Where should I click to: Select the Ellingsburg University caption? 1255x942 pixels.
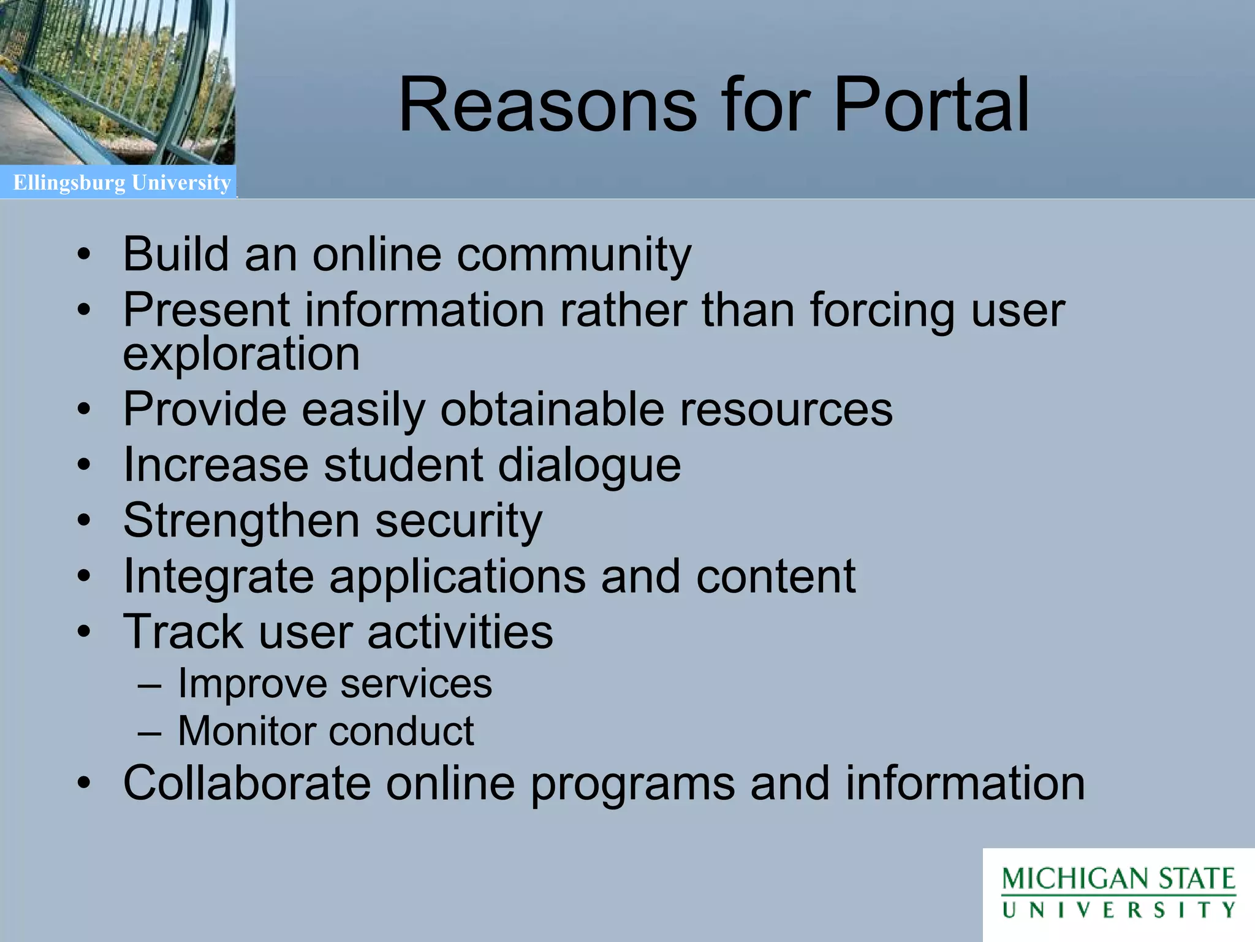click(x=122, y=183)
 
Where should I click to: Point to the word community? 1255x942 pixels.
click(x=574, y=255)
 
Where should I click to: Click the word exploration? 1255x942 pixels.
click(x=241, y=354)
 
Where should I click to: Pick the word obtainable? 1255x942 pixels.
click(x=552, y=409)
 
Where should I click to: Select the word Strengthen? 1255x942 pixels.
click(x=241, y=521)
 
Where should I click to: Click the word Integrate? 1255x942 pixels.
click(x=219, y=576)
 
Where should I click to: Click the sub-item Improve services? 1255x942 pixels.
click(x=335, y=683)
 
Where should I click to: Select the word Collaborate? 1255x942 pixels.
click(x=247, y=783)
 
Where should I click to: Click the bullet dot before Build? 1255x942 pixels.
click(x=84, y=255)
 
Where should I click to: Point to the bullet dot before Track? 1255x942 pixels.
click(x=84, y=632)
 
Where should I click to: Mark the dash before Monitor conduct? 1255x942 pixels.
click(x=150, y=732)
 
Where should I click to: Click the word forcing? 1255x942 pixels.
click(x=882, y=310)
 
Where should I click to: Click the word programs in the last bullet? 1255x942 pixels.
click(x=632, y=784)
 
